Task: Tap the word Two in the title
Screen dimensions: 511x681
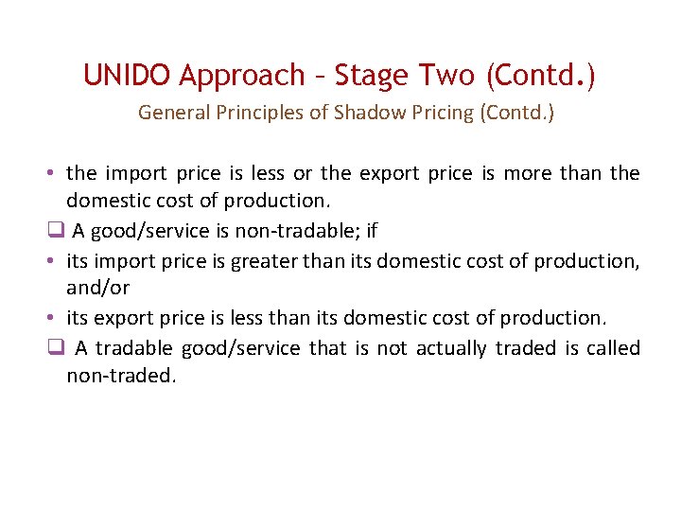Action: [x=445, y=74]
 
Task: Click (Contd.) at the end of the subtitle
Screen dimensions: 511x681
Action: [x=516, y=114]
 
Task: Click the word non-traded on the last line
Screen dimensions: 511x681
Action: [x=121, y=376]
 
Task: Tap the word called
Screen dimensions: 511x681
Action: [x=613, y=347]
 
